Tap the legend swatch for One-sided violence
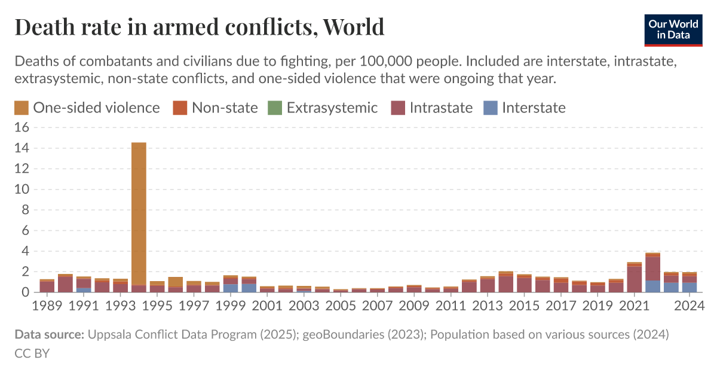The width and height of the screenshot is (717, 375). click(x=22, y=108)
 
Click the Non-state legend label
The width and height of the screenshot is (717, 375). click(x=224, y=108)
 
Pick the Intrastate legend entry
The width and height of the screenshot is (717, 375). click(x=440, y=108)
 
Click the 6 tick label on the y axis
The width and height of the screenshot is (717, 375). click(x=25, y=230)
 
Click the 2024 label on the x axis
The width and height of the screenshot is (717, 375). click(x=691, y=306)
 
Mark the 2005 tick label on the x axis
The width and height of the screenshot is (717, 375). click(x=341, y=306)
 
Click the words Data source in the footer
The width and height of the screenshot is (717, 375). click(x=49, y=334)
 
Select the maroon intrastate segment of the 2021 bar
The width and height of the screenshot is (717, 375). click(x=635, y=279)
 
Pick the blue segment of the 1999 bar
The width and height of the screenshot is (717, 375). click(x=230, y=288)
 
